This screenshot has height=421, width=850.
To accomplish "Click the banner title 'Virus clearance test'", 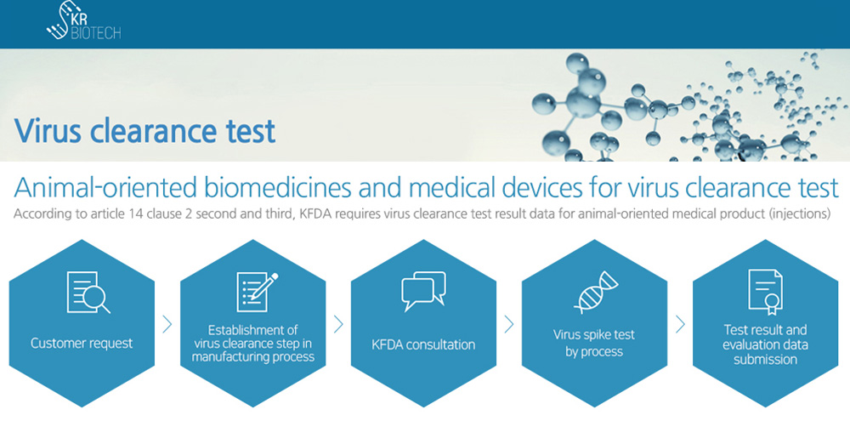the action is click(144, 131).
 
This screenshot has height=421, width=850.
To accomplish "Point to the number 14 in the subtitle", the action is click(136, 213).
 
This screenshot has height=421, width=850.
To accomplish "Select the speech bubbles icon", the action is click(423, 291).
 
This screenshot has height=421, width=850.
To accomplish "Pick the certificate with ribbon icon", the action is click(765, 292).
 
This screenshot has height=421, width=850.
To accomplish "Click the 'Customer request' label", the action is click(82, 344).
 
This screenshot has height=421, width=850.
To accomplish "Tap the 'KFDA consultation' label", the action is click(423, 344).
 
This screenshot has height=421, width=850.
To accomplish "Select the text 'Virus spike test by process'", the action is click(594, 343).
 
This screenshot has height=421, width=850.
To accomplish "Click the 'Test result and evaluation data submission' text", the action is click(766, 344).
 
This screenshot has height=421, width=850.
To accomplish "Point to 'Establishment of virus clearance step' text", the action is click(253, 337).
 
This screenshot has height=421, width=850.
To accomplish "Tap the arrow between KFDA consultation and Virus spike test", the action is click(508, 324).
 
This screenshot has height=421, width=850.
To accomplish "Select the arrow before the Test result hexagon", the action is click(680, 324).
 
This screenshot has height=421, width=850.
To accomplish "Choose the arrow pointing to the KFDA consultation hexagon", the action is click(338, 324).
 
